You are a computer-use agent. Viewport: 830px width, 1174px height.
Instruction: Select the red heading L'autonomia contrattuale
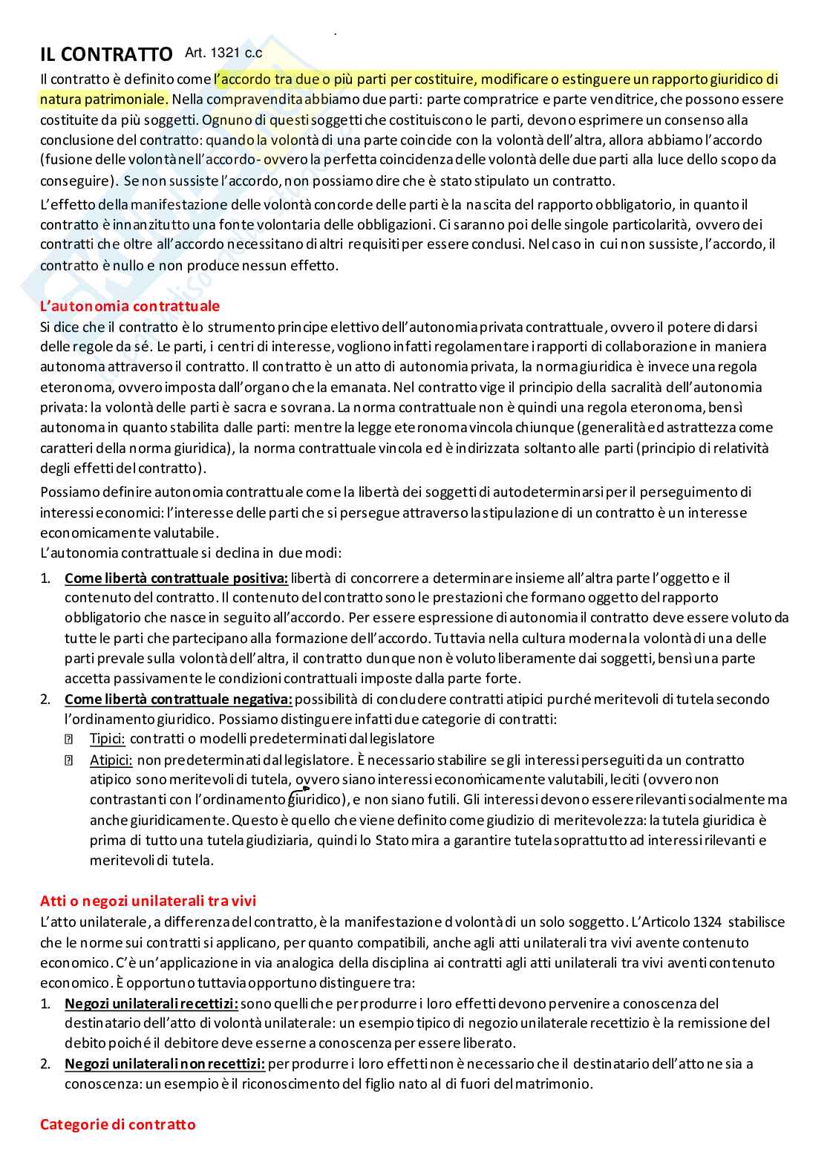pos(129,306)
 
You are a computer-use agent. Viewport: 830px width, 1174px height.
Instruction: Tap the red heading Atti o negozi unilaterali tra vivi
pos(148,901)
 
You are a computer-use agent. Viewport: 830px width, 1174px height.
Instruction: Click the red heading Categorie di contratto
pos(117,1124)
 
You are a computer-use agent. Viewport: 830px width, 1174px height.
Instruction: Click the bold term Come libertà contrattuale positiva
pos(176,578)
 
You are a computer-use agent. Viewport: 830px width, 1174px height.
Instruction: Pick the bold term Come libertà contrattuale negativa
pos(178,699)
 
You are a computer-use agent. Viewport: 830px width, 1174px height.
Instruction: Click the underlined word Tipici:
pos(107,739)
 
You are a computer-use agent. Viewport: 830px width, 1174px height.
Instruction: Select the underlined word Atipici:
pos(111,760)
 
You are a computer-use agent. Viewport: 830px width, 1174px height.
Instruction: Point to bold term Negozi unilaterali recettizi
pos(151,1003)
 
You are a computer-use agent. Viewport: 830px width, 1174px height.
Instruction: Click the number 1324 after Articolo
pos(706,922)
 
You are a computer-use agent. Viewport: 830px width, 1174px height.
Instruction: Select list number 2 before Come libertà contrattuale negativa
pos(45,699)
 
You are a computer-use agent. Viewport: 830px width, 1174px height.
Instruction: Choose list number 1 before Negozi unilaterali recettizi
pos(45,1003)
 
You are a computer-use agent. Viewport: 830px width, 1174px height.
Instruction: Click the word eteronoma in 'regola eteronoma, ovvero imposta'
pos(73,387)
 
